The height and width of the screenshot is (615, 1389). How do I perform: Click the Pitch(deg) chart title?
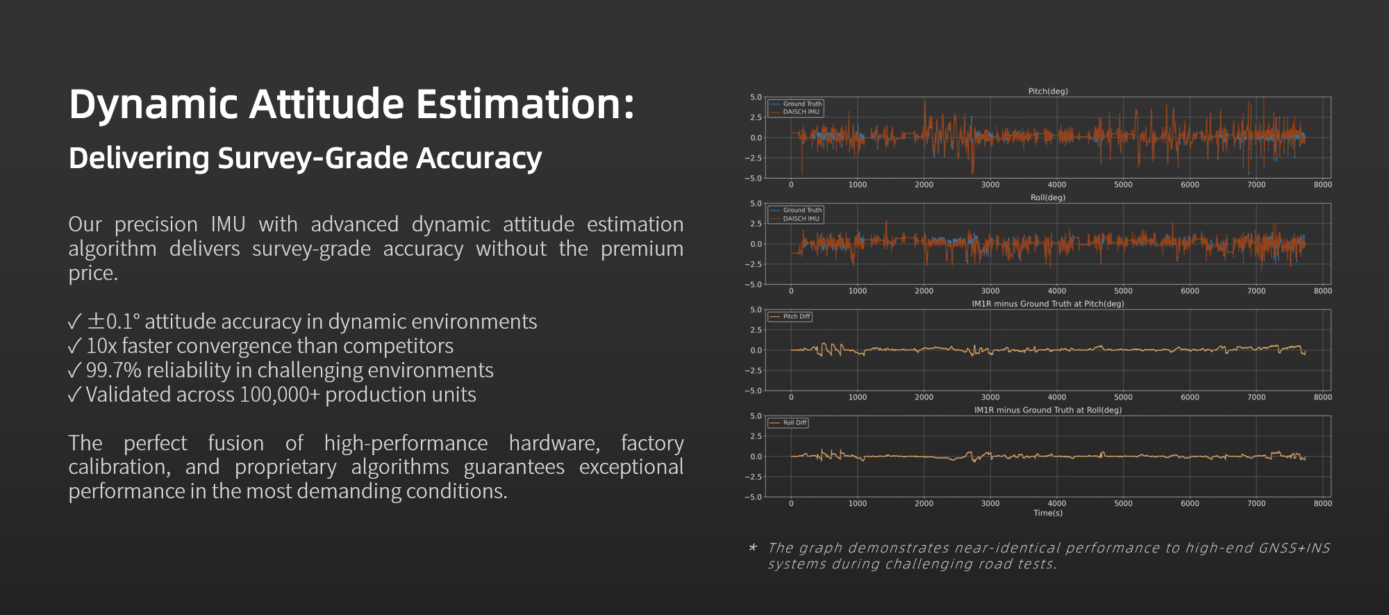pos(1047,91)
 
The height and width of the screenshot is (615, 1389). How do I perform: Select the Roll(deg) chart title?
pos(1047,197)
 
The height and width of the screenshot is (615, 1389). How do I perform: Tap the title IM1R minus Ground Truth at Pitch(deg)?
pos(1047,304)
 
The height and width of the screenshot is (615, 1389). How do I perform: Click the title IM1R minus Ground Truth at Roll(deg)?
pos(1047,410)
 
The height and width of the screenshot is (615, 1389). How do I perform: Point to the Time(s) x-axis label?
pos(1047,513)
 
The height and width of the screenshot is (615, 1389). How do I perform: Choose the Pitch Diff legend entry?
pos(796,316)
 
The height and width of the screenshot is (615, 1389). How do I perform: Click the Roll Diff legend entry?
pos(795,423)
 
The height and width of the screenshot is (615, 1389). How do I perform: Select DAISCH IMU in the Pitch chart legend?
pos(801,112)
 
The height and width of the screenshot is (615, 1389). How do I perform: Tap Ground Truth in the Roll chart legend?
pos(802,210)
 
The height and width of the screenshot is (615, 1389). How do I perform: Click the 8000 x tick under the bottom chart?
pos(1322,503)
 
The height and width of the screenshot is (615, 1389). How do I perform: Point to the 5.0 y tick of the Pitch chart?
pos(756,97)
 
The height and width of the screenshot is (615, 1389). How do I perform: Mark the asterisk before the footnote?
pos(753,548)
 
